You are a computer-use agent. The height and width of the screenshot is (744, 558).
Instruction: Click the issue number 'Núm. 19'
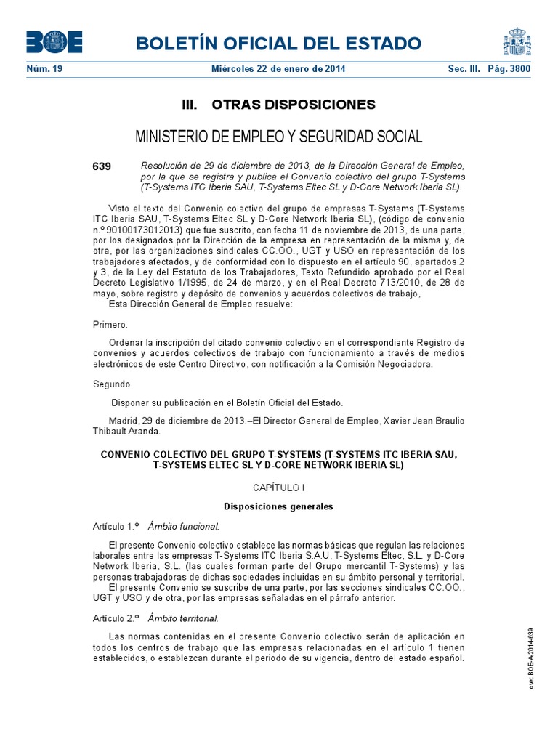[44, 70]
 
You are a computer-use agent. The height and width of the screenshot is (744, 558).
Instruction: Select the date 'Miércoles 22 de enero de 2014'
[278, 70]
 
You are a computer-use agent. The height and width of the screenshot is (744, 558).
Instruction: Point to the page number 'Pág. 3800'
[509, 70]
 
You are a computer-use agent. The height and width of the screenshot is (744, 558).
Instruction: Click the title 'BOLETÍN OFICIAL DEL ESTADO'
[278, 43]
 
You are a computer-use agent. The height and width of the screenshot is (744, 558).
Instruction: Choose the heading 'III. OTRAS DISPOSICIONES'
[278, 105]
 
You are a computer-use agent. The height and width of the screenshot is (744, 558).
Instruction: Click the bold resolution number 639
[102, 166]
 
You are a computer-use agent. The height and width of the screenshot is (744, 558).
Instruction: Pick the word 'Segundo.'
[113, 384]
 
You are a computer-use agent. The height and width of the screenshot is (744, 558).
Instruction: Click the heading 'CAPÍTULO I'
[278, 488]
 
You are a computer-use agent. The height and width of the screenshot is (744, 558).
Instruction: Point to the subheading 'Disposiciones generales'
[278, 506]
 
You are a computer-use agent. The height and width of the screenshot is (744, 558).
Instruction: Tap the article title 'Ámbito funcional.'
[183, 526]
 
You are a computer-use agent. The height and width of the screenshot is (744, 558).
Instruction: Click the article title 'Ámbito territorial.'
[183, 618]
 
